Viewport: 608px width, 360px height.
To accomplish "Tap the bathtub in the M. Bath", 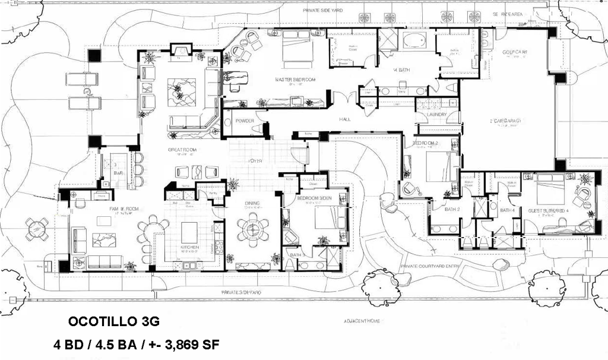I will [x=413, y=41].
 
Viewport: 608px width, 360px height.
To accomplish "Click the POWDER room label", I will [x=245, y=121].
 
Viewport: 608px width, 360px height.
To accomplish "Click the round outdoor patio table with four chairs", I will [x=37, y=229].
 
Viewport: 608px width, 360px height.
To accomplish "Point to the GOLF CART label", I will [x=515, y=52].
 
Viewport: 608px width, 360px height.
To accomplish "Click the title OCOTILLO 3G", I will [x=114, y=321].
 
